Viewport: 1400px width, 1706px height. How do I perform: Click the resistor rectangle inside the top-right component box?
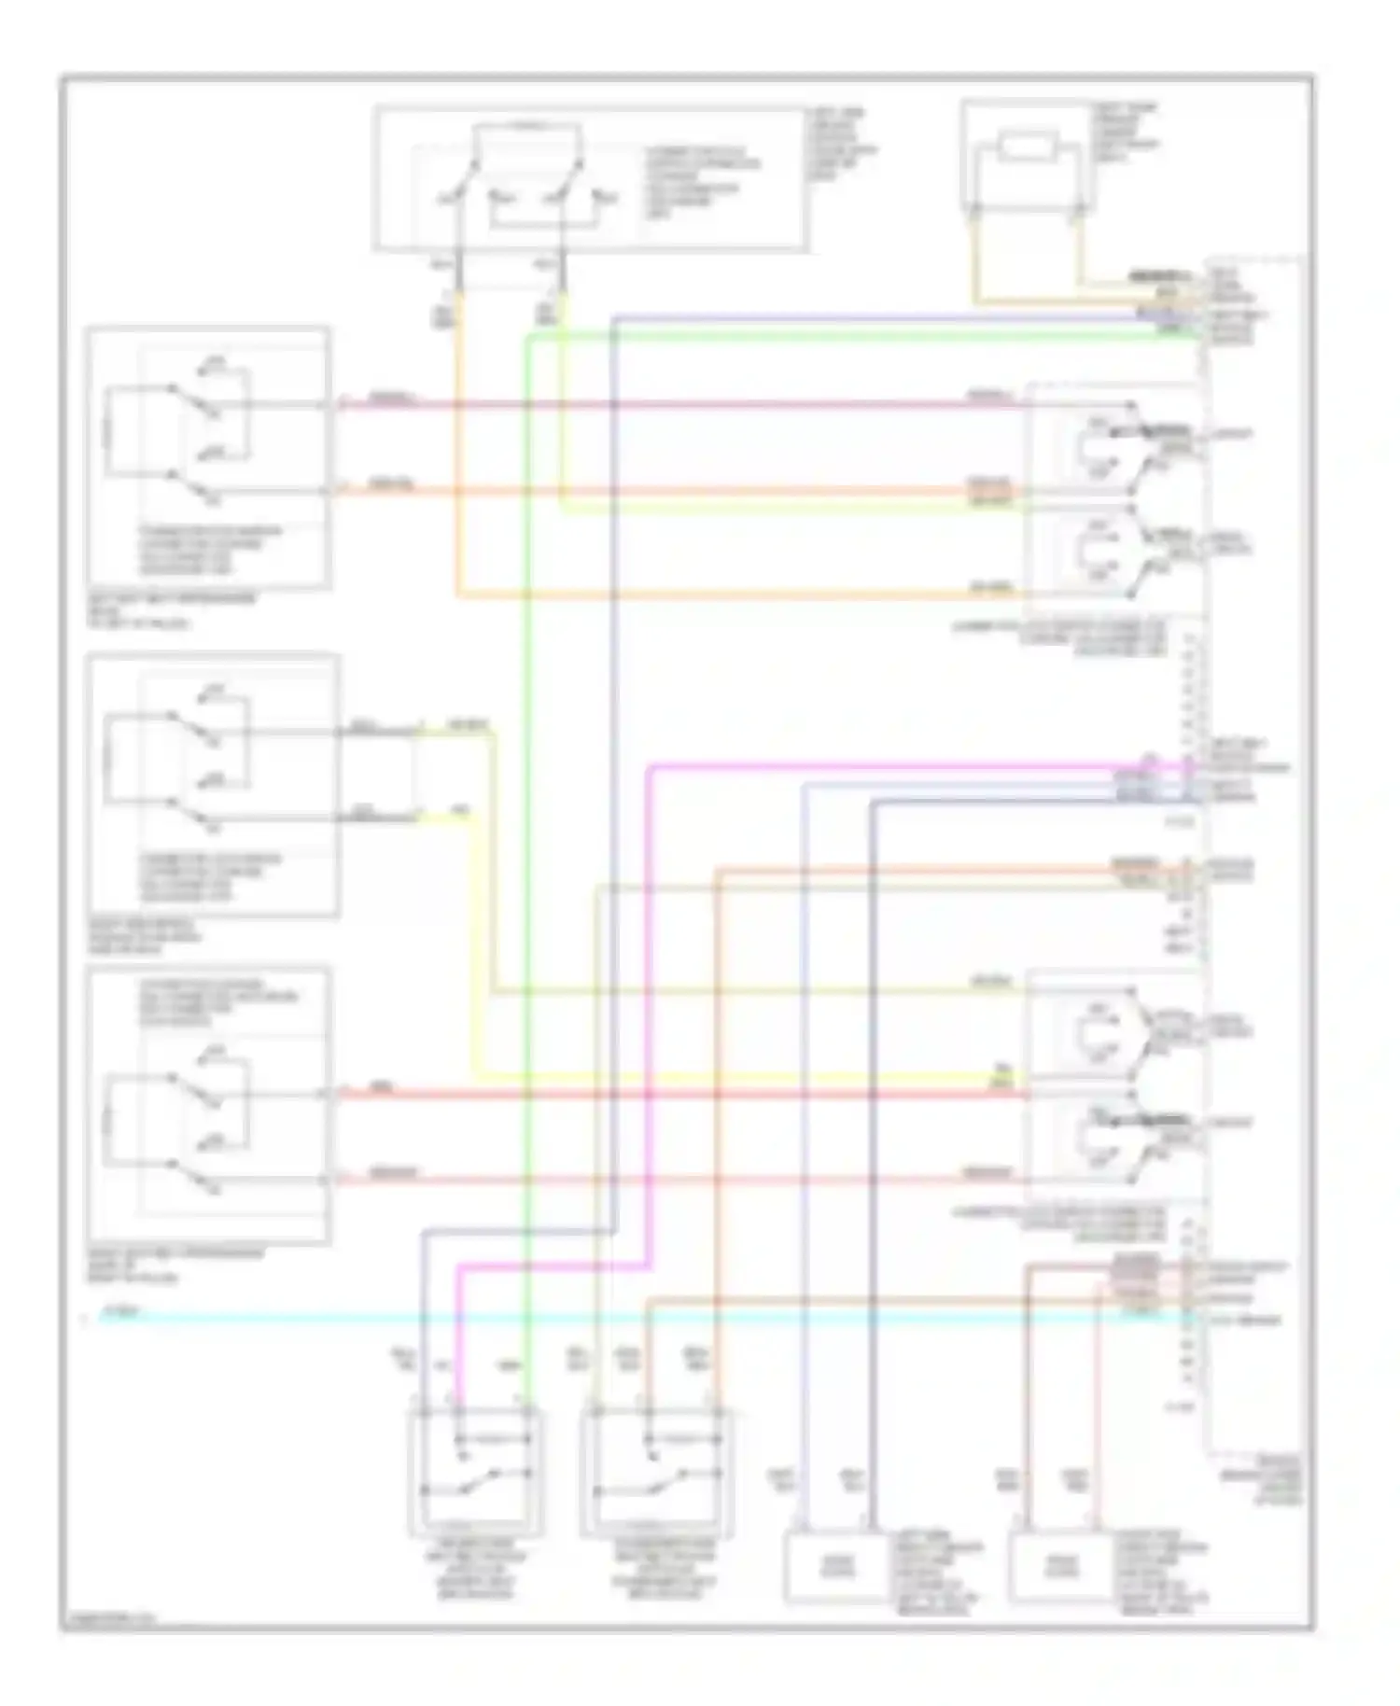coord(1025,150)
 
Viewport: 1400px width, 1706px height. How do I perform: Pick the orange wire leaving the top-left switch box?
coord(653,490)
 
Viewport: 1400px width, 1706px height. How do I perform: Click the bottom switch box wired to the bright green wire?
coord(476,1475)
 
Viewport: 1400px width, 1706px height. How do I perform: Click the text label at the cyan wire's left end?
coord(119,1311)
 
